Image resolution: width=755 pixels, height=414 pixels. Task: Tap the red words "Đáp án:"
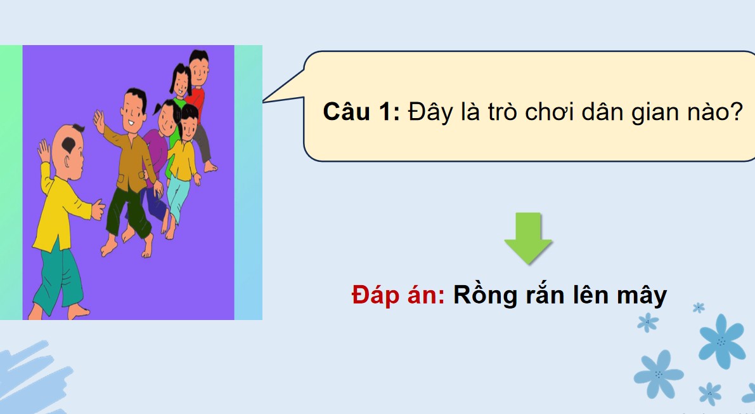coord(398,295)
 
